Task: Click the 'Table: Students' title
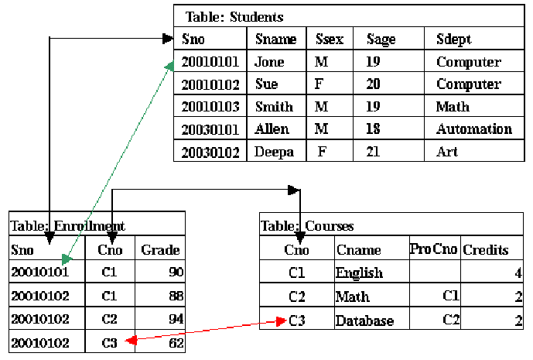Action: (x=234, y=16)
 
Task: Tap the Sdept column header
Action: (x=453, y=39)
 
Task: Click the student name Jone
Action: (x=270, y=62)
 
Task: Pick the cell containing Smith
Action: (x=275, y=107)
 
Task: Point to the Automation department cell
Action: (x=473, y=129)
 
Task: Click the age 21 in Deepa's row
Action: (x=373, y=152)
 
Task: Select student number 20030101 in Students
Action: (x=210, y=129)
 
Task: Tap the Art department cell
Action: (x=447, y=152)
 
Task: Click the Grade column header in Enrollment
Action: (x=160, y=249)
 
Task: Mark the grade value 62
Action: (x=176, y=342)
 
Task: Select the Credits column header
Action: (x=486, y=250)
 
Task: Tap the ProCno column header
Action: (x=433, y=249)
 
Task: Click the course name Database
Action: (x=364, y=321)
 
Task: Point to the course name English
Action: (x=359, y=273)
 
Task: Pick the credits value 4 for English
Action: (x=518, y=273)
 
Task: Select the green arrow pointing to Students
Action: (x=116, y=163)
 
